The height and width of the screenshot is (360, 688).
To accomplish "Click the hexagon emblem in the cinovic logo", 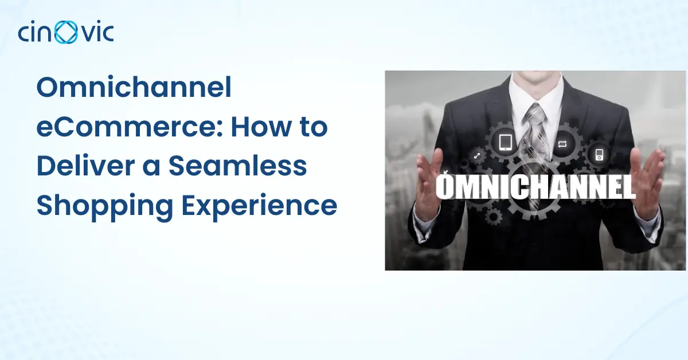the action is click(66, 32).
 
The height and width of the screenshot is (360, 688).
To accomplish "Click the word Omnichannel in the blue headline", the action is click(134, 87).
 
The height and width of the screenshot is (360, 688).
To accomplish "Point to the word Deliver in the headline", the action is click(85, 166).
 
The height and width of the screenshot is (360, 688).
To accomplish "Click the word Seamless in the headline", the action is click(238, 166).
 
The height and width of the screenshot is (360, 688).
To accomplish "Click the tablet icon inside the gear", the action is click(505, 142).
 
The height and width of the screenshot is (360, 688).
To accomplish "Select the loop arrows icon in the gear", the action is click(562, 144).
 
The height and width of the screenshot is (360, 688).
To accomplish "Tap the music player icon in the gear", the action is click(599, 155).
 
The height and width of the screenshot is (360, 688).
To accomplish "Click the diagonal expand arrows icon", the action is click(477, 156).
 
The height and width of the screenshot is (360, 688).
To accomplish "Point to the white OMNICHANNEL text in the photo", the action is click(535, 187).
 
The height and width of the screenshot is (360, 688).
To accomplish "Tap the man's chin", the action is click(537, 76).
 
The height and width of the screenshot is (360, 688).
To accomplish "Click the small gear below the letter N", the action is click(493, 217).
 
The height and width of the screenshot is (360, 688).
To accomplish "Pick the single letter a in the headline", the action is click(152, 169).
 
